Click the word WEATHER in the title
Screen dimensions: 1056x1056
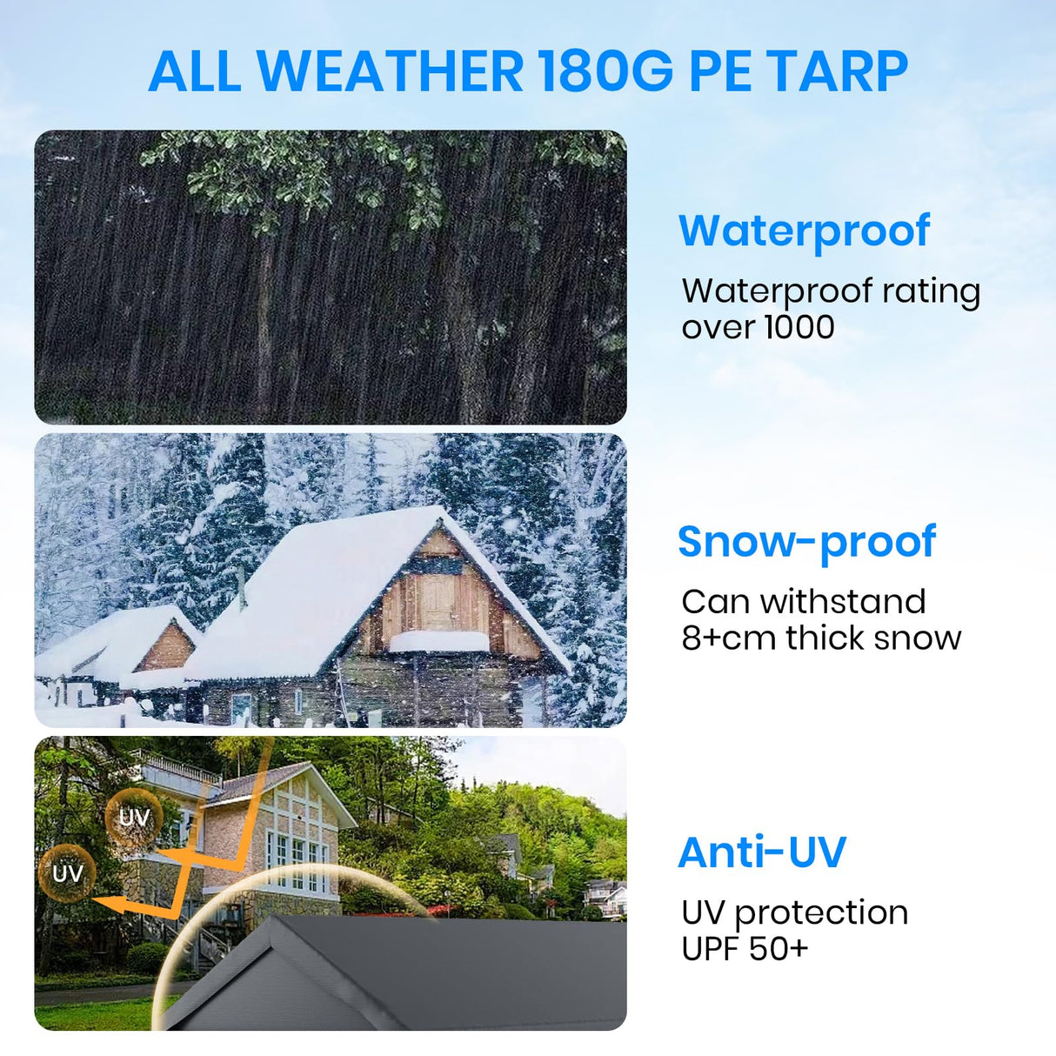[391, 71]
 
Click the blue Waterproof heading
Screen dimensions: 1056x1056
[804, 231]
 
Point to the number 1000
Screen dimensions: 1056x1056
[799, 327]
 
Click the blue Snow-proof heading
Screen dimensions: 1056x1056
[806, 542]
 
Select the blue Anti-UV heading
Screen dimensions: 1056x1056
[761, 852]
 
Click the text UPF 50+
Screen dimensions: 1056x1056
[745, 948]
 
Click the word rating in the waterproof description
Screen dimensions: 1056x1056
[931, 291]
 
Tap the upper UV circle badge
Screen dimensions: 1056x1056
[133, 817]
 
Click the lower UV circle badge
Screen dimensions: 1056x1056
[68, 872]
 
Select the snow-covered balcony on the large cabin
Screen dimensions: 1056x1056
[438, 641]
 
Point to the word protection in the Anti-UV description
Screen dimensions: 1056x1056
[821, 913]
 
